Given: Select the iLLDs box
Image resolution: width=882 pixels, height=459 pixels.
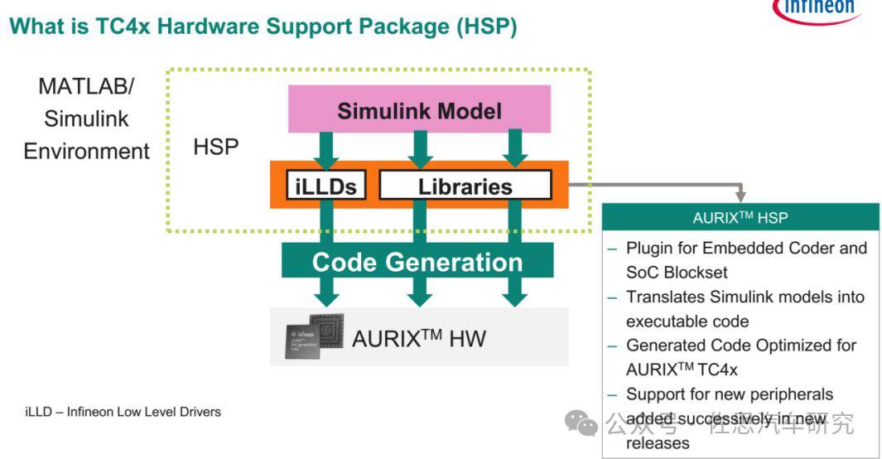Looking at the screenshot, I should pyautogui.click(x=326, y=186).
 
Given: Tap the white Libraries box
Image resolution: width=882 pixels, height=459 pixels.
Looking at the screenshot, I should pyautogui.click(x=465, y=186).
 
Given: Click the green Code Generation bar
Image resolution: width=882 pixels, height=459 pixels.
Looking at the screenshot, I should pyautogui.click(x=417, y=262).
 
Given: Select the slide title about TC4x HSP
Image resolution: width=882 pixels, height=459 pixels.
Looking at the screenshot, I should pyautogui.click(x=263, y=27).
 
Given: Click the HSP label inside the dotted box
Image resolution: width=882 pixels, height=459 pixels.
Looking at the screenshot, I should pyautogui.click(x=216, y=147).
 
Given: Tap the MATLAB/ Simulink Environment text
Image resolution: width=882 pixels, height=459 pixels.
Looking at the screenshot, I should pyautogui.click(x=86, y=118).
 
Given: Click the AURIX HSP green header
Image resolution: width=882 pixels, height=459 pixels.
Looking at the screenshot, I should pyautogui.click(x=740, y=218).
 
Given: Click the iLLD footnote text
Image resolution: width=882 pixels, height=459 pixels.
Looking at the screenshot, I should pyautogui.click(x=123, y=411).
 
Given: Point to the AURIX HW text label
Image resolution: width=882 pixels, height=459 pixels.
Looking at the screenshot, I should pyautogui.click(x=419, y=337).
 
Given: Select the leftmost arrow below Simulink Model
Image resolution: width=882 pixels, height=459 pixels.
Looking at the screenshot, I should pyautogui.click(x=326, y=147).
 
